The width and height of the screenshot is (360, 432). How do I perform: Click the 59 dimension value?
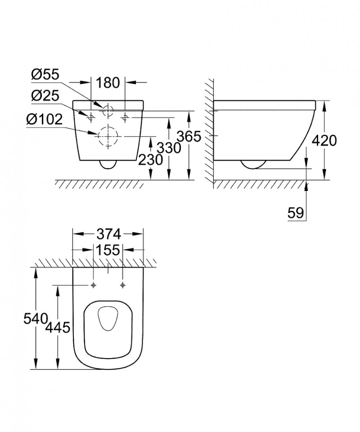click(x=297, y=212)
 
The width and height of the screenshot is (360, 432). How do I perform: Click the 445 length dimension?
click(x=58, y=328)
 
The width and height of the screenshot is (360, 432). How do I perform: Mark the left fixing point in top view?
click(x=93, y=285)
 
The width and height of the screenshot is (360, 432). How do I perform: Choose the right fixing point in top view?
click(x=123, y=285)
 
